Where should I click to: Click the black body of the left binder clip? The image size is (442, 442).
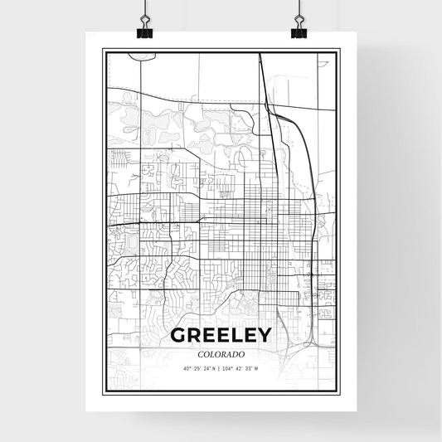[145, 34]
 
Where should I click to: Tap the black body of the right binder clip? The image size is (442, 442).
[299, 34]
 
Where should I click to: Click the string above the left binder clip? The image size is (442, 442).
[145, 7]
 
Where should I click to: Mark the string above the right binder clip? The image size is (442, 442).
[299, 7]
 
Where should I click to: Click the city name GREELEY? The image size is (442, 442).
[220, 335]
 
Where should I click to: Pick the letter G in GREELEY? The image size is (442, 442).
[178, 335]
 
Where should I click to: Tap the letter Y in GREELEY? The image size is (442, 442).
[262, 335]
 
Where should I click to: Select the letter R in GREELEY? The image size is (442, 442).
[192, 335]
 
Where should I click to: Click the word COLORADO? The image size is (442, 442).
[220, 352]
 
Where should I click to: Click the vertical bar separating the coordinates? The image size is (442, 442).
[220, 368]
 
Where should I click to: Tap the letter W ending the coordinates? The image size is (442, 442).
[256, 368]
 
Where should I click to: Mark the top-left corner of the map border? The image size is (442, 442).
[104, 51]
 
